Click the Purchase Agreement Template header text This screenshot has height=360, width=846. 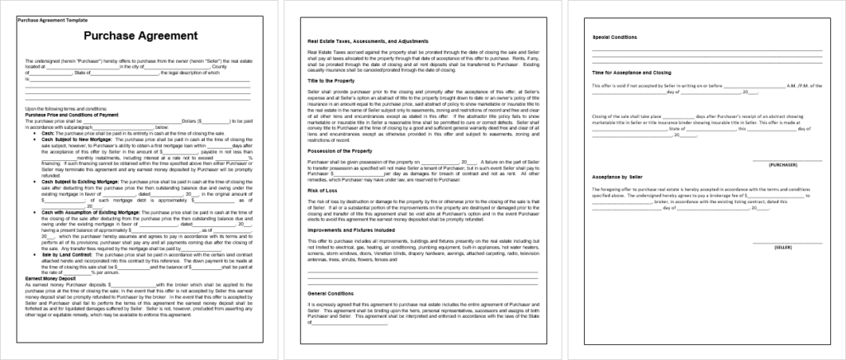52,20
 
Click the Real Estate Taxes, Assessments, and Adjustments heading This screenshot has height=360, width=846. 367,40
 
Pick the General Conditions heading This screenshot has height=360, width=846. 330,293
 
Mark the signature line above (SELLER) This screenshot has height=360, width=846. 785,241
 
